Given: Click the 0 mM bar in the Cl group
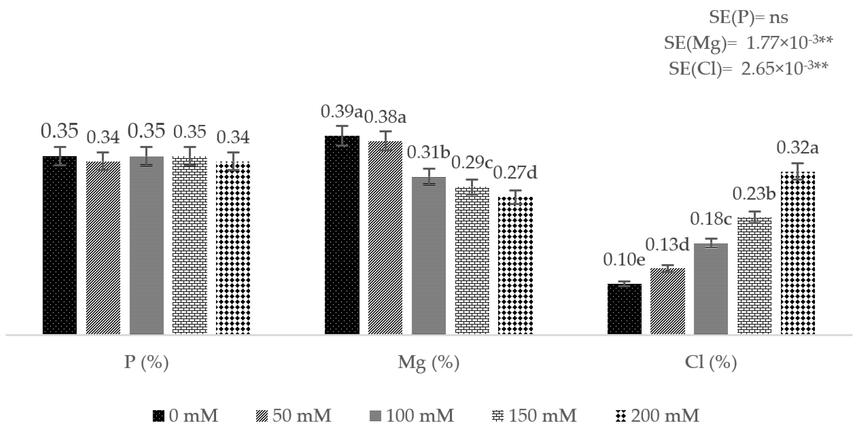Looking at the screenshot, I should click(x=624, y=309).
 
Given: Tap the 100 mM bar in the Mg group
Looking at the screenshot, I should click(x=429, y=256).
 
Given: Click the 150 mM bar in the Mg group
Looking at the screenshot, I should click(x=472, y=261).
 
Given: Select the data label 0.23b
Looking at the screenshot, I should click(x=754, y=194).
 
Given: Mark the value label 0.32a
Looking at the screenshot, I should click(x=797, y=148).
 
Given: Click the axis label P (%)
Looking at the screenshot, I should click(x=146, y=362).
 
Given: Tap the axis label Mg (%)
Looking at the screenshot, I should click(x=428, y=362).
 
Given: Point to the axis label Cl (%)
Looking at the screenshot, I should click(x=711, y=362).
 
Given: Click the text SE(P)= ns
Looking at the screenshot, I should click(x=748, y=17).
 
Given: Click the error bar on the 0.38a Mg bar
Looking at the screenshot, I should click(x=385, y=141).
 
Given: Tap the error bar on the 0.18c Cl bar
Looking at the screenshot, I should click(x=711, y=243).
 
